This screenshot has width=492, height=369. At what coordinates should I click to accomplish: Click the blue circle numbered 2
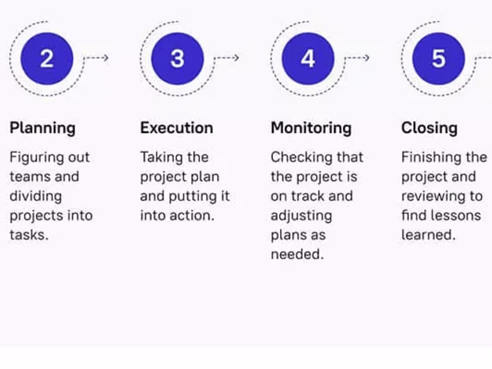(x=47, y=59)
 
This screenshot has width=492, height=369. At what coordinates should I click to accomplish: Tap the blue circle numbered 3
(x=178, y=59)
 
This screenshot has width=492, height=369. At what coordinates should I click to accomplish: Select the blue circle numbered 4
(x=308, y=59)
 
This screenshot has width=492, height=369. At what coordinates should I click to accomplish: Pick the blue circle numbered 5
(x=438, y=59)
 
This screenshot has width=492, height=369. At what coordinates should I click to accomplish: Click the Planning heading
(x=42, y=128)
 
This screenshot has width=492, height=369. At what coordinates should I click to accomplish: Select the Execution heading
(x=177, y=128)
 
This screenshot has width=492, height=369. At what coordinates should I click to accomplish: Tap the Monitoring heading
(x=311, y=128)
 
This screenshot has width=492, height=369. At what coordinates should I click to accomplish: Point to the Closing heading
(x=429, y=128)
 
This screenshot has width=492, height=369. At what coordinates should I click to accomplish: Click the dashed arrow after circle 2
(x=97, y=58)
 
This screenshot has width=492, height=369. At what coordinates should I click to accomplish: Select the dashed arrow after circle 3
(x=227, y=58)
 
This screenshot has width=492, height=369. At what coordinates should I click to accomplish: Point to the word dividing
(x=36, y=196)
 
